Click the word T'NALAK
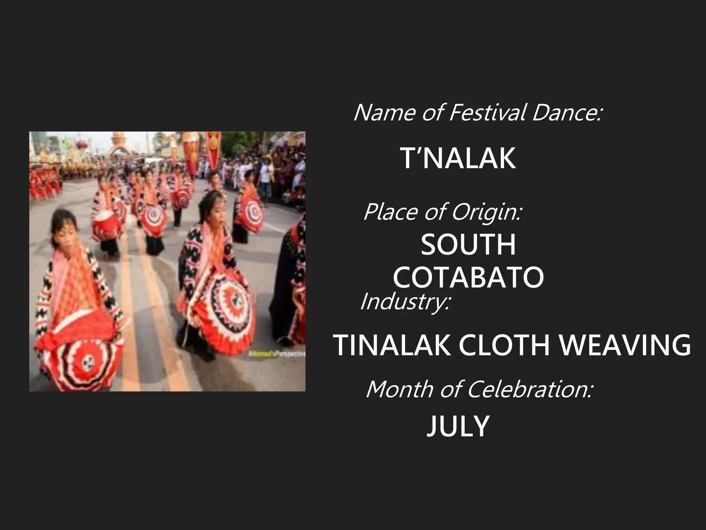[x=458, y=158]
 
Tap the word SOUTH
[x=468, y=245]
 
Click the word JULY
[x=458, y=426]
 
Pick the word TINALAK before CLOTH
[x=392, y=345]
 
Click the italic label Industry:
[x=405, y=302]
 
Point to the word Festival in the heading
[x=487, y=112]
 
